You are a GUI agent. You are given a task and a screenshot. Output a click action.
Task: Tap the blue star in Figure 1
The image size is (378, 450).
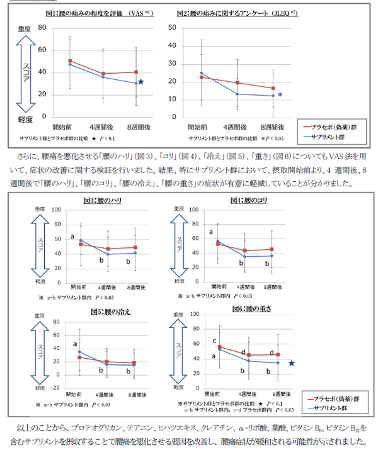click(x=141, y=82)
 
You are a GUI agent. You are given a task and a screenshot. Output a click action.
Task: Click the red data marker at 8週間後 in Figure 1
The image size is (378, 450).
click(x=135, y=72)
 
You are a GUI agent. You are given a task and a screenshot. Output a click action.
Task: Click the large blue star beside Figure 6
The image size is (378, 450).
click(x=309, y=363)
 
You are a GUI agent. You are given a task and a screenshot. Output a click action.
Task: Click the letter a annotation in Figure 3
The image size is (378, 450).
click(x=73, y=237)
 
